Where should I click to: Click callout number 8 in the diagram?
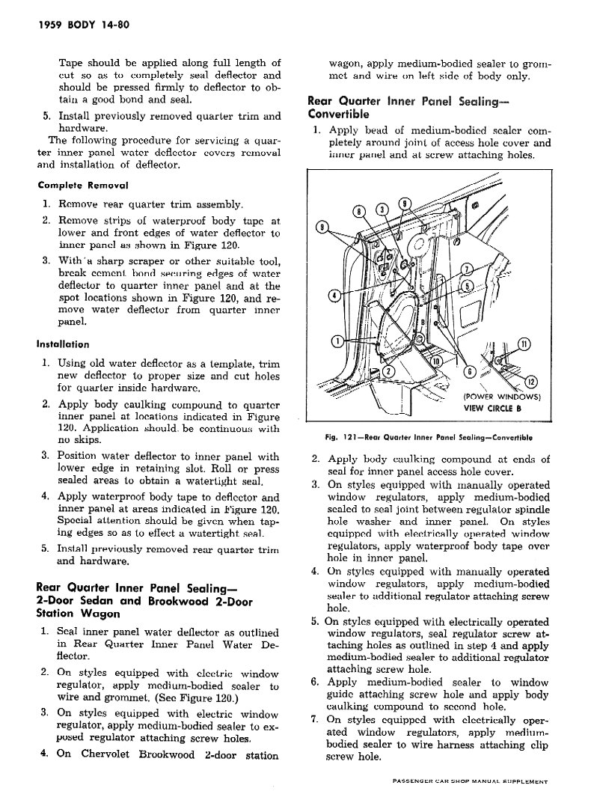(359, 210)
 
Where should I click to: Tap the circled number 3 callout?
(382, 209)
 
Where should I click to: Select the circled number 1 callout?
(338, 341)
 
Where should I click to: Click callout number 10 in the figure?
(437, 363)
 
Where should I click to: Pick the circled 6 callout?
(470, 370)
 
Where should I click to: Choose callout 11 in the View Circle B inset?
(524, 344)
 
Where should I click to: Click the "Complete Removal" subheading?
(83, 184)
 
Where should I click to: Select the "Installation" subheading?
(62, 344)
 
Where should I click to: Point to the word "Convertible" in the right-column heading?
(338, 115)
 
